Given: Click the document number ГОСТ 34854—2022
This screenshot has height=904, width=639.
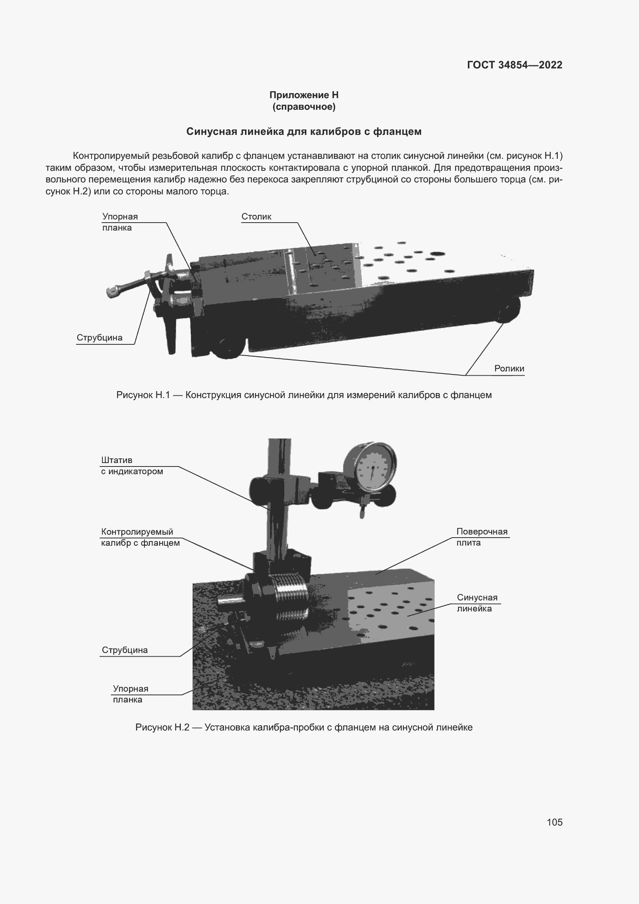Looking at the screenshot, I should pos(514,65).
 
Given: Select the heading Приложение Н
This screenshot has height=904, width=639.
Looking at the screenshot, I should pos(304,95).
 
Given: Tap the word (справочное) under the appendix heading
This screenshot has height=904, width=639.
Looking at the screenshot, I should pos(304,107).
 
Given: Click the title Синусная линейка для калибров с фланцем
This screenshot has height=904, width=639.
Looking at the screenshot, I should pos(304,131).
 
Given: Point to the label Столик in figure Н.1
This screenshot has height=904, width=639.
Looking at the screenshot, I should pos(256,216).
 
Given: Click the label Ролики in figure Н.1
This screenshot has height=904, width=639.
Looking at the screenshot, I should pos(509,369).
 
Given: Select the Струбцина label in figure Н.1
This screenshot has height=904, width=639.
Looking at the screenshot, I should pos(100,337).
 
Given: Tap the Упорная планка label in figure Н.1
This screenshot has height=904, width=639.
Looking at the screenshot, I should pos(120,222).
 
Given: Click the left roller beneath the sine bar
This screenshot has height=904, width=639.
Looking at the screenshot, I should pos(228,348).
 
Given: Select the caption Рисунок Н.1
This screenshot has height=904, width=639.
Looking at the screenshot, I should pos(304,395).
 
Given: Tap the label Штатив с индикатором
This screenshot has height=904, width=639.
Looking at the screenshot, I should pos(132,466).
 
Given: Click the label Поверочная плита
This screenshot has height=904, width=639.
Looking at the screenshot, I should pos(482,537).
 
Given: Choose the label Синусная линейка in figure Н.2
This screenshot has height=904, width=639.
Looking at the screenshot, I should pos(476,603).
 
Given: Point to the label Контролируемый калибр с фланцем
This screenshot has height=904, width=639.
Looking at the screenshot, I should pos(140,538).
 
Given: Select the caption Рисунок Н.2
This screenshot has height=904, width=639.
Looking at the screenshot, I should pos(304,727).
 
